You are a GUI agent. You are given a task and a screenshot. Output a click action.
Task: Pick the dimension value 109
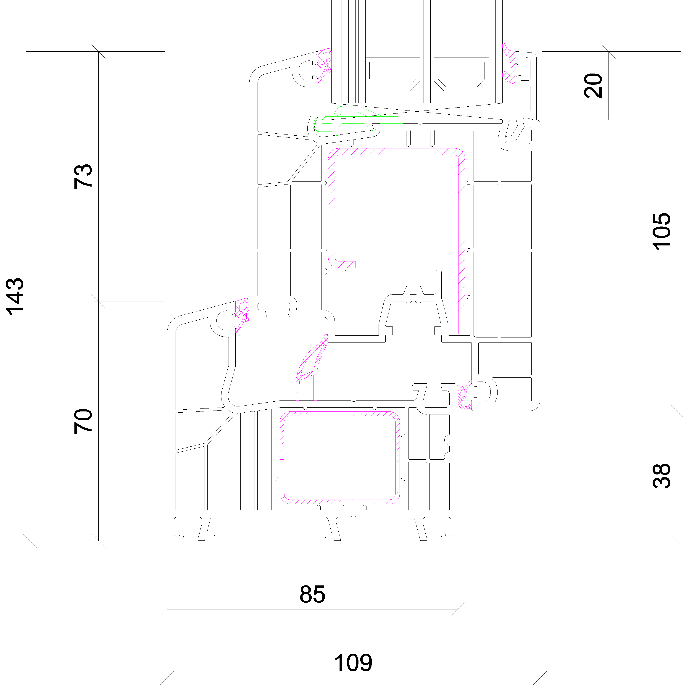point(353,663)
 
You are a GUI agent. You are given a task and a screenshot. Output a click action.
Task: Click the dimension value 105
point(662,231)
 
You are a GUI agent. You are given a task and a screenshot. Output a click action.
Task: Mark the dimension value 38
point(662,476)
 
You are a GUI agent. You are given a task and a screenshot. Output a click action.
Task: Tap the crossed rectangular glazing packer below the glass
point(417,112)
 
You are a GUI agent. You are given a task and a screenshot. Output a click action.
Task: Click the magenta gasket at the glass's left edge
point(324,65)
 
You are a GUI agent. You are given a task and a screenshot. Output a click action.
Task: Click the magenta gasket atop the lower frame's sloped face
point(242,315)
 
